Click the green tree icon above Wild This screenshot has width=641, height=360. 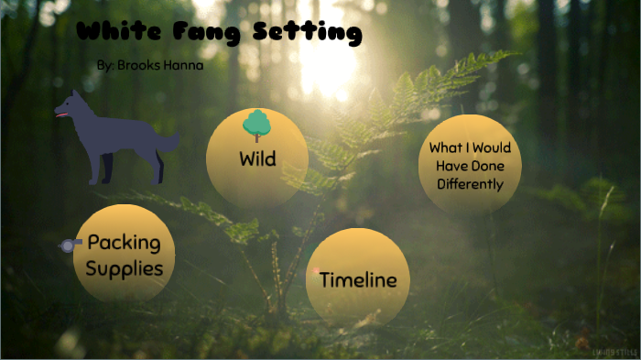click(x=256, y=123)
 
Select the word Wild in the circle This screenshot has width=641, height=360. click(x=257, y=158)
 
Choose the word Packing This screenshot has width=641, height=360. click(x=124, y=244)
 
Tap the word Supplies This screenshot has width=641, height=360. click(x=125, y=268)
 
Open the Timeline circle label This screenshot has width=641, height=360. click(x=357, y=280)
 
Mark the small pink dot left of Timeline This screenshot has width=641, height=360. click(x=317, y=272)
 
